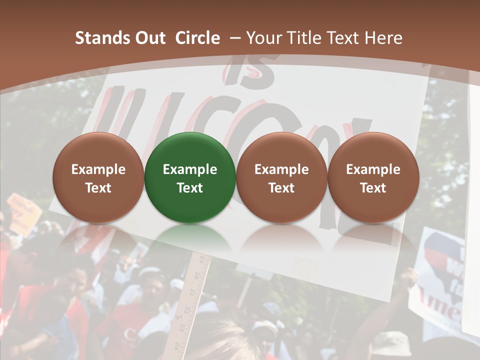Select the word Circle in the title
197,38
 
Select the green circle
190,177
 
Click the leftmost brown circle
98,177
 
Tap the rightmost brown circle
373,177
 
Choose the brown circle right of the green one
281,177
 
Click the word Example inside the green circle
190,169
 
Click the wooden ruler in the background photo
192,300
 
